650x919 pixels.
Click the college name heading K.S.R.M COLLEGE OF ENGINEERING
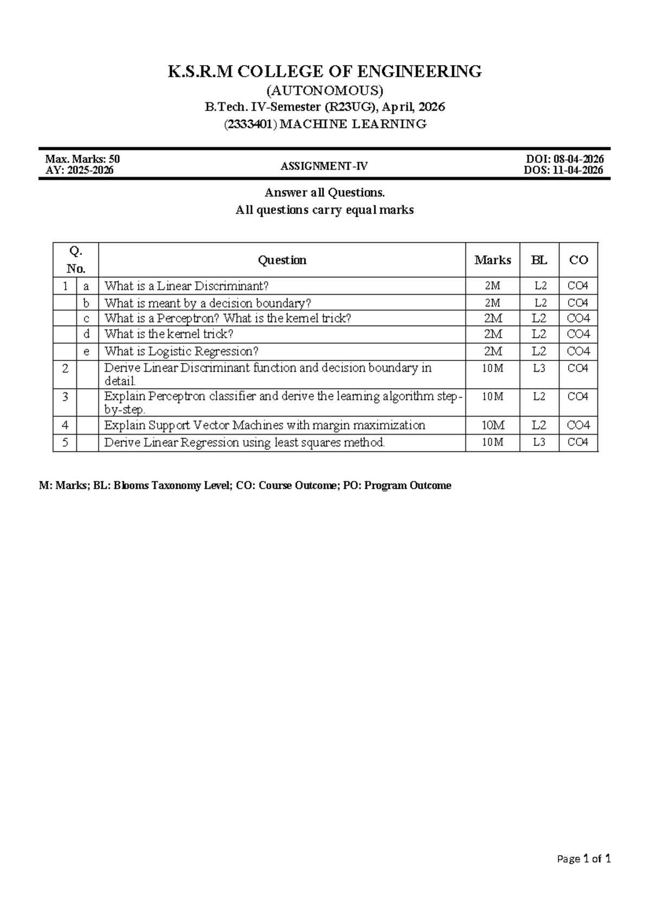coord(324,72)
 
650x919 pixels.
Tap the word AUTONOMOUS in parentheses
coord(324,89)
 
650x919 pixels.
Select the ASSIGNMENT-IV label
coord(324,166)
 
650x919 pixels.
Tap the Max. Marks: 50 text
coord(82,159)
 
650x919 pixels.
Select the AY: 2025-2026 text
coord(80,170)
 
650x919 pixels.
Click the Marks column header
coord(492,260)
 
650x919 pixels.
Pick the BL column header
coord(539,260)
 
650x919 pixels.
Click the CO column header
coord(578,260)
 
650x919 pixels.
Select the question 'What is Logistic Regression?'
coord(181,352)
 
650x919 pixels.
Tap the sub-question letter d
coord(87,334)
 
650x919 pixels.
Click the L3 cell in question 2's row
coord(539,368)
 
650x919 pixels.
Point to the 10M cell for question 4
coord(492,425)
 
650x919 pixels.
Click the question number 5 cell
coord(65,443)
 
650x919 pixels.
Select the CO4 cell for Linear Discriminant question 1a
coord(578,286)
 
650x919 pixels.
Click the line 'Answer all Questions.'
coord(324,193)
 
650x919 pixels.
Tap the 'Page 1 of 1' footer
coord(584,859)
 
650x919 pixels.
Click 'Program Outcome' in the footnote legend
coord(407,486)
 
